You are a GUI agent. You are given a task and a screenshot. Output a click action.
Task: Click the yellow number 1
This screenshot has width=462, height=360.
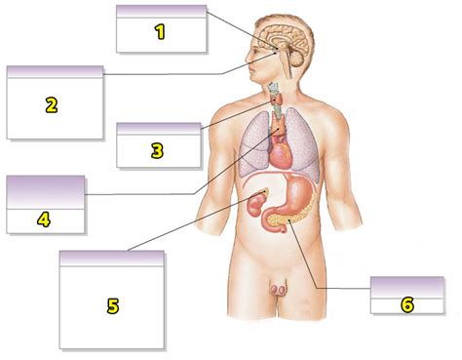[161, 32]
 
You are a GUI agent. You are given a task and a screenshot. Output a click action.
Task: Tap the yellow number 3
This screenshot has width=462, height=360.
[158, 150]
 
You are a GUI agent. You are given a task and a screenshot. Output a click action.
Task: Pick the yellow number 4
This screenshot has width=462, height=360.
[44, 219]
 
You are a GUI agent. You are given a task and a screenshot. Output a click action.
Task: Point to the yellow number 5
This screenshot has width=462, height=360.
[113, 306]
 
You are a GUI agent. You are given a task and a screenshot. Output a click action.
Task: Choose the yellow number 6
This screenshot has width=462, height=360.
[407, 303]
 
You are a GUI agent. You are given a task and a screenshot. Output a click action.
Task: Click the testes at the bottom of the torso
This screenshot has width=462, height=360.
[279, 289]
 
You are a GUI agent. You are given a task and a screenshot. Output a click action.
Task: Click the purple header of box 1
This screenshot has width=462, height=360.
[161, 11]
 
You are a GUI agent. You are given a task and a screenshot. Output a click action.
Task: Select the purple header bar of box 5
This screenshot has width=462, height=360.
[112, 258]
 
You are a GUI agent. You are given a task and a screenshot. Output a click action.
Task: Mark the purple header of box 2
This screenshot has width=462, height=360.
[55, 72]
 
